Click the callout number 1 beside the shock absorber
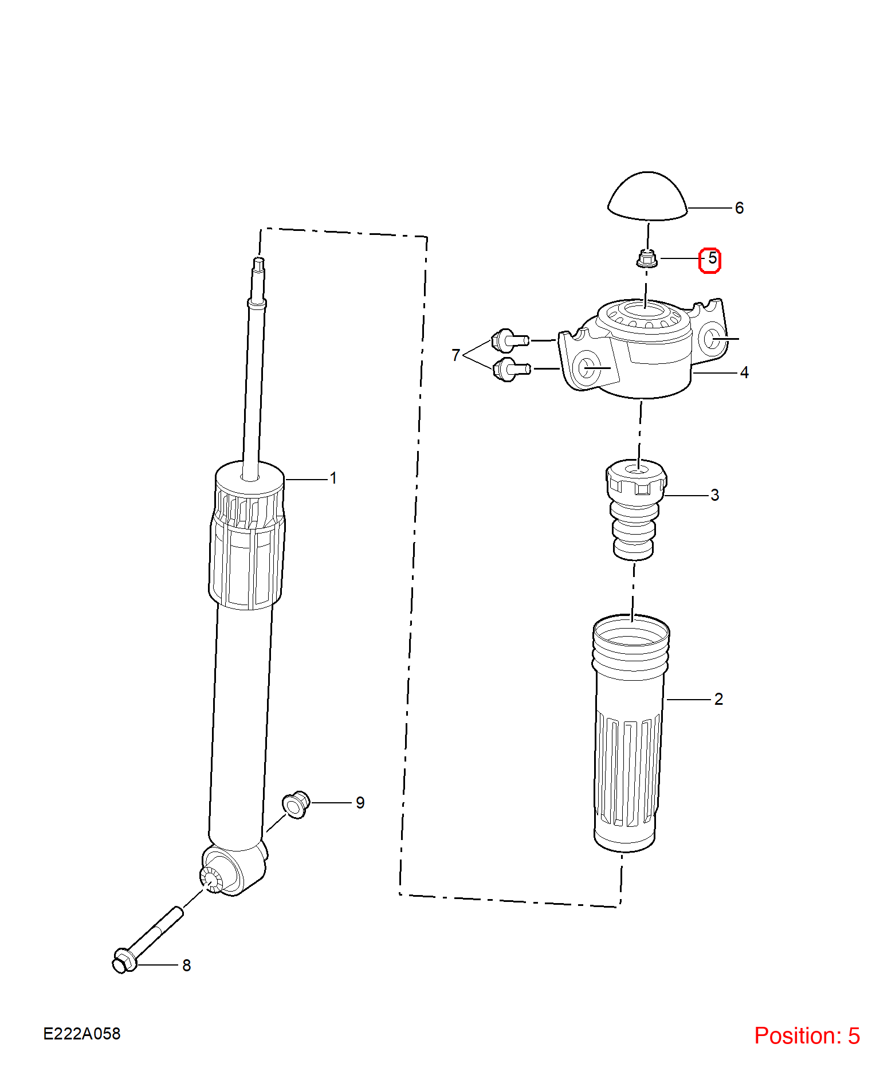coord(333,478)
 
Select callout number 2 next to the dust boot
coord(718,699)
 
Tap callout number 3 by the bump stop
coord(714,495)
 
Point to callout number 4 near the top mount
coord(744,372)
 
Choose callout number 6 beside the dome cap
coord(739,208)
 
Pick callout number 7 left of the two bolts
coord(456,355)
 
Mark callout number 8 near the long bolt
coord(186,966)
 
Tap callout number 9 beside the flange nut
coord(360,803)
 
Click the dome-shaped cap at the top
coord(647,197)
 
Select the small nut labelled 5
coord(647,259)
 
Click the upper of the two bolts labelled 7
coord(510,340)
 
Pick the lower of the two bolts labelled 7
coord(511,369)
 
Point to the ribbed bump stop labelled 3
coord(636,509)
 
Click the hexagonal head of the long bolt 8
coord(123,961)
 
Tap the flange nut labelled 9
coord(296,805)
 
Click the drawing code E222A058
coord(82,1034)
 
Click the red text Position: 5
coord(807,1036)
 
